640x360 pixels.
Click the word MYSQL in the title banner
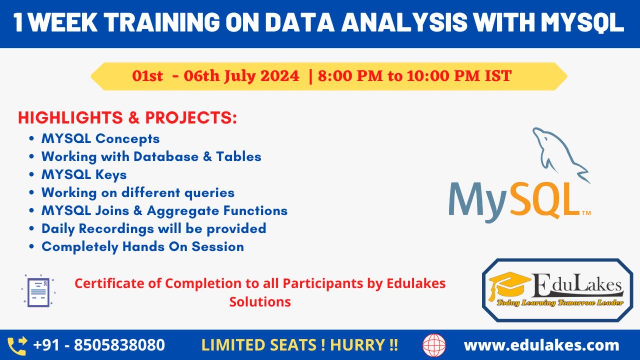pos(582,23)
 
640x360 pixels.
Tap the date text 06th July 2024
pos(241,76)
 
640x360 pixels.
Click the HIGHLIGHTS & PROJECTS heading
pos(127,118)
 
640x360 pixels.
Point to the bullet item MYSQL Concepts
pos(100,139)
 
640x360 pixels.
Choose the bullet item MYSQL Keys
pos(84,175)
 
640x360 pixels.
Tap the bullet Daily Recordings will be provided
pos(154,229)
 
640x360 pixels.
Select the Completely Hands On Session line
pos(143,247)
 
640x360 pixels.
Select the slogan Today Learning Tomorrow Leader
pos(560,303)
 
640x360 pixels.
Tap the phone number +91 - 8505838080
pos(99,345)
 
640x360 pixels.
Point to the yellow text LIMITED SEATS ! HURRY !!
pos(299,345)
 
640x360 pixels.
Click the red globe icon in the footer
pos(434,346)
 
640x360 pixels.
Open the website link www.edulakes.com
pos(541,345)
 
